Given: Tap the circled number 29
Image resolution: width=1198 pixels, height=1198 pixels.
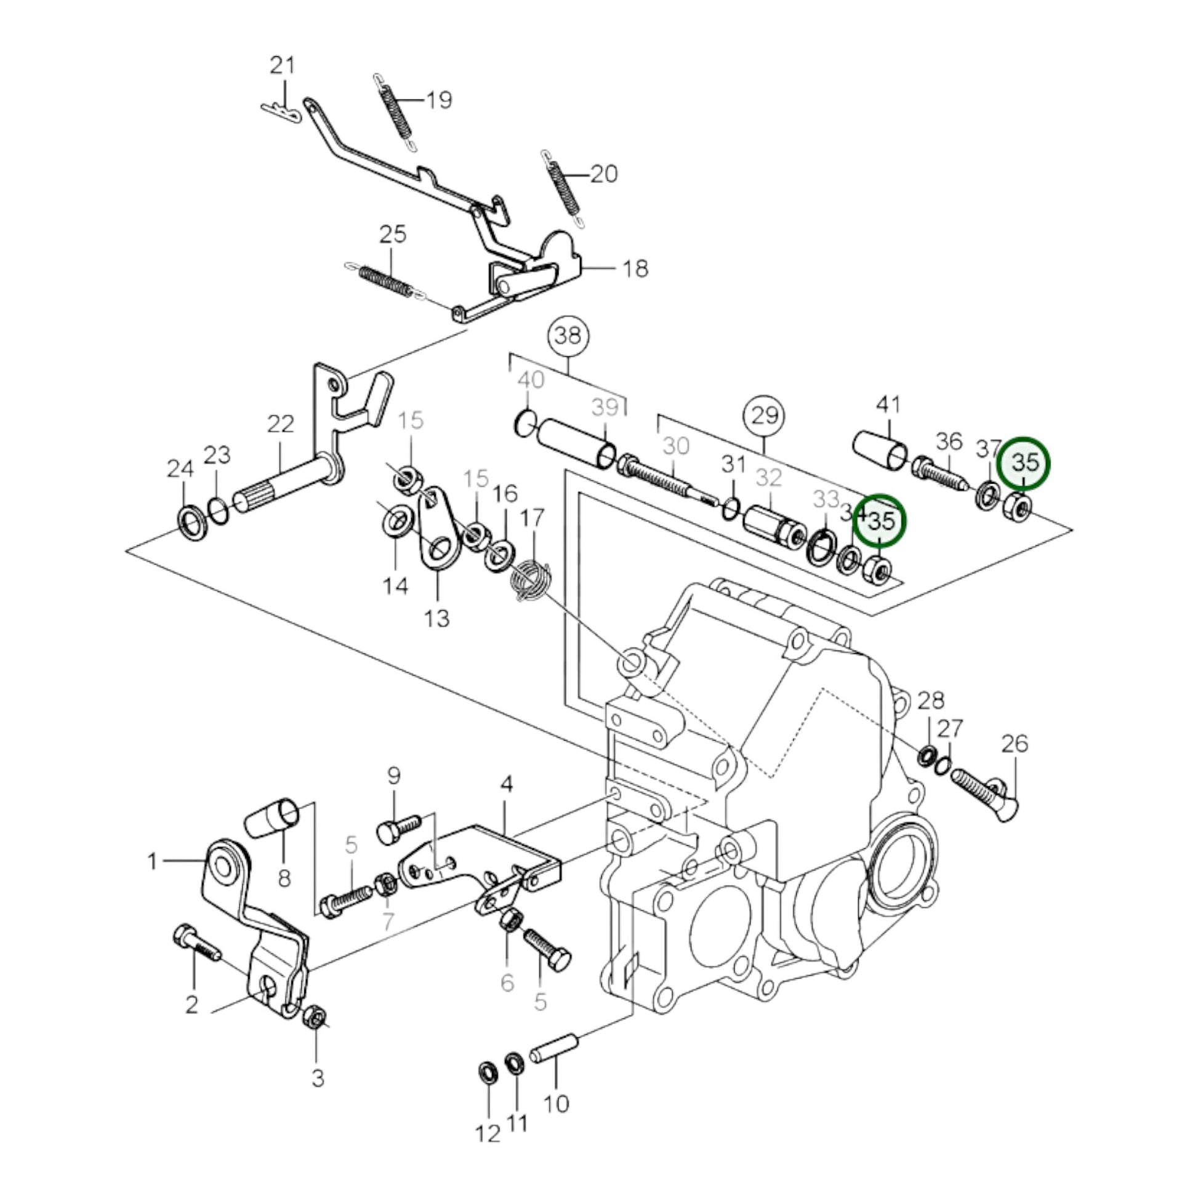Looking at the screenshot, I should point(764,414).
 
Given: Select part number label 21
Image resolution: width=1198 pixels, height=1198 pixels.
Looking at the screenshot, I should point(283,65).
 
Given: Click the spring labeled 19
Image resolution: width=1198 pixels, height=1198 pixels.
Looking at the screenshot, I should point(396,111).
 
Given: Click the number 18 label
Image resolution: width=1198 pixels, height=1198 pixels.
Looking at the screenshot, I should point(635,268).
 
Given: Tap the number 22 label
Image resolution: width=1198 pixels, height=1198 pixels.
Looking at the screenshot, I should point(280,425).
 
